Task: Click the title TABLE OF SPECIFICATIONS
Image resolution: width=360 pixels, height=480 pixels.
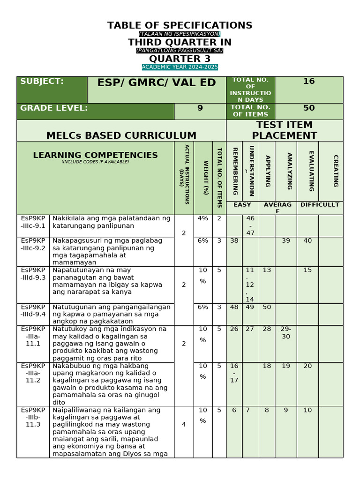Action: tap(180, 25)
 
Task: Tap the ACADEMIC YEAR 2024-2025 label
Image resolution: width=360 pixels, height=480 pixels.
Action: tap(180, 67)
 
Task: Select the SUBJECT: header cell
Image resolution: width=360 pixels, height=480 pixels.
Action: tap(42, 82)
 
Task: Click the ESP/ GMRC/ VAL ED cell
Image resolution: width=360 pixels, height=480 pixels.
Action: tap(157, 83)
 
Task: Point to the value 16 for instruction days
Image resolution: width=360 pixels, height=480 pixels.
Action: tap(308, 82)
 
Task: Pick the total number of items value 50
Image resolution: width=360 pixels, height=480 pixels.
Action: tap(308, 108)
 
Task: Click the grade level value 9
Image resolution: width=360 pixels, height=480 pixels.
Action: tap(200, 108)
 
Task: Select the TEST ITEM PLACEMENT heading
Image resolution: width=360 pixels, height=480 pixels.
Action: tap(284, 130)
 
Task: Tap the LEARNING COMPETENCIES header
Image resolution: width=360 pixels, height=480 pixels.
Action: tap(95, 155)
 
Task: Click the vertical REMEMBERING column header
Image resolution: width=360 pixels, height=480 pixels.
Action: tap(234, 171)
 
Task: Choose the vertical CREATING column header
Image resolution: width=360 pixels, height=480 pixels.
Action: tap(335, 171)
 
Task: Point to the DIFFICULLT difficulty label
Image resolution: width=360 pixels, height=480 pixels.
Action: tap(319, 205)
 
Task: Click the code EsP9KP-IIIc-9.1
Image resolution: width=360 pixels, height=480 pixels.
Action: tap(33, 222)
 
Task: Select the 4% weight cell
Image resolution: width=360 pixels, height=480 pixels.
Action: tap(202, 218)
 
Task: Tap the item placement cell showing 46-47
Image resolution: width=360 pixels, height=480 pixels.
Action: tap(250, 225)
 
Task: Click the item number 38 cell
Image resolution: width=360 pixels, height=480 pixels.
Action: tap(234, 240)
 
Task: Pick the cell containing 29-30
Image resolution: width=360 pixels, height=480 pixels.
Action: tap(285, 333)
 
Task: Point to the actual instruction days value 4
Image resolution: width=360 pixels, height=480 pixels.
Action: tap(183, 425)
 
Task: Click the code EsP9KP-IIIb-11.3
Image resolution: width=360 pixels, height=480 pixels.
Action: tap(33, 417)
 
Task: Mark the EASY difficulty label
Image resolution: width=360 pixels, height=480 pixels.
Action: tap(242, 205)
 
